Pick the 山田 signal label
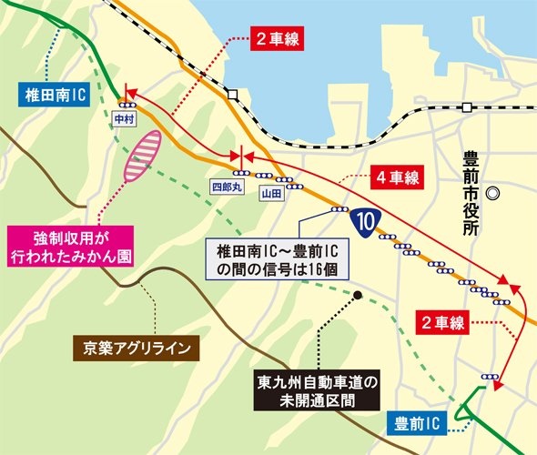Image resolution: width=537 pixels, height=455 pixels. click(267, 193)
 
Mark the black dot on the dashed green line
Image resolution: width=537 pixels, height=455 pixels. click(360, 295)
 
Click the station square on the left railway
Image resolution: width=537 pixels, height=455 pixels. click(234, 95)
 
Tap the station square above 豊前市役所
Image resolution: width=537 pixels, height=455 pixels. click(466, 108)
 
